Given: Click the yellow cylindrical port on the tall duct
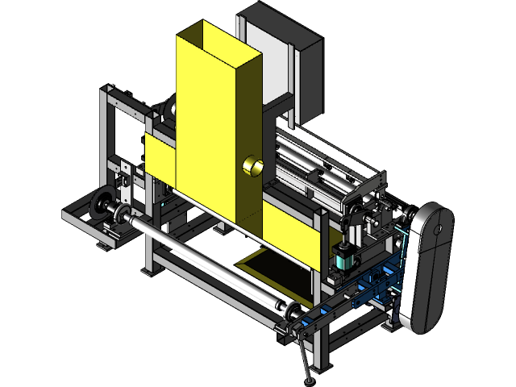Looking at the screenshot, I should pos(252,166).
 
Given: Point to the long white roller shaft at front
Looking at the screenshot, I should pos(202,258).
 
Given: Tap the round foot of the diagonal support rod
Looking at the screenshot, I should pos(307,377).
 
